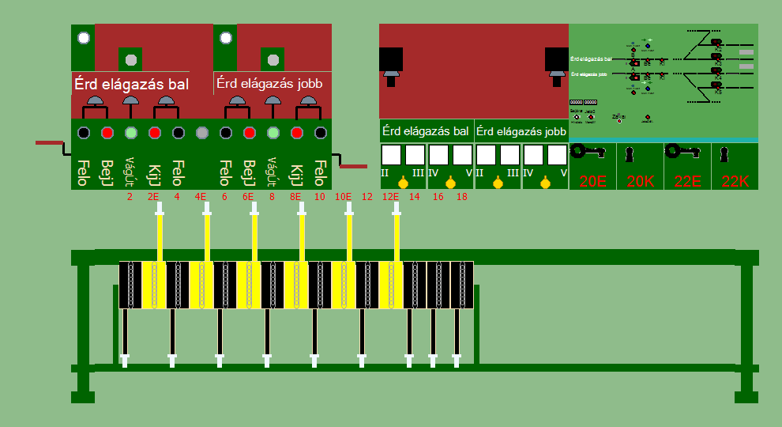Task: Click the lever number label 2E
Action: (153, 196)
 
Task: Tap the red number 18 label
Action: (461, 196)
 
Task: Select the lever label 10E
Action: (344, 196)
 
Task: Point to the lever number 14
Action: (414, 196)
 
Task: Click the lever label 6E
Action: (248, 196)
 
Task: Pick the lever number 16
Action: (438, 196)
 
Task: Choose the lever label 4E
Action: (201, 196)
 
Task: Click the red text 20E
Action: (592, 181)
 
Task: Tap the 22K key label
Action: (735, 181)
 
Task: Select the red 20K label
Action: (640, 181)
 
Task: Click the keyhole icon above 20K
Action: (630, 153)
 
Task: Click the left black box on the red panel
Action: (391, 60)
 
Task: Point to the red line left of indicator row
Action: (49, 143)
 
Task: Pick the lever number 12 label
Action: (367, 196)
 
